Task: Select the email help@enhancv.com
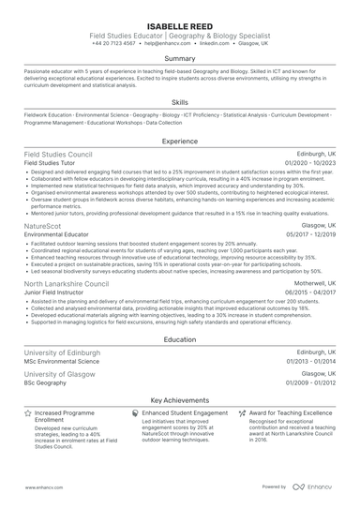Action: click(163, 43)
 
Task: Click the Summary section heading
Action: click(179, 58)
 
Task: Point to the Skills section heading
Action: click(179, 101)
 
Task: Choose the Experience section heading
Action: click(179, 142)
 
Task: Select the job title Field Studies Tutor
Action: click(51, 163)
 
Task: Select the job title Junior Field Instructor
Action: click(55, 292)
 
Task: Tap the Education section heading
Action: click(179, 340)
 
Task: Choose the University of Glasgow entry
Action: click(60, 374)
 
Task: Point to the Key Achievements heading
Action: click(179, 398)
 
